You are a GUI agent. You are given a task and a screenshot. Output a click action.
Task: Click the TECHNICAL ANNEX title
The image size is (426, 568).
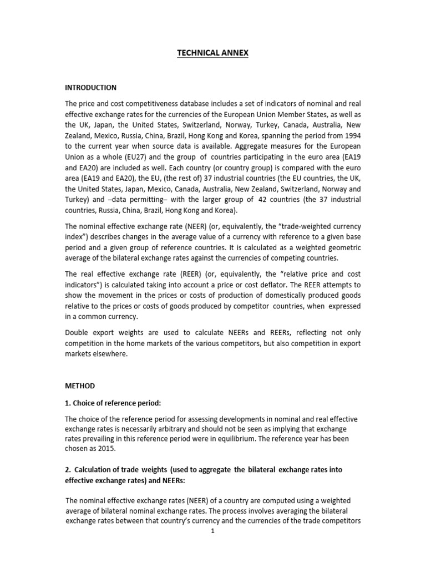pos(213,53)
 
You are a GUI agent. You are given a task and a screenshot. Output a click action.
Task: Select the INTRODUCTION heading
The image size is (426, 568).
pos(91,88)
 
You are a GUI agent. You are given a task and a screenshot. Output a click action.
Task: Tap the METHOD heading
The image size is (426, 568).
pos(80,386)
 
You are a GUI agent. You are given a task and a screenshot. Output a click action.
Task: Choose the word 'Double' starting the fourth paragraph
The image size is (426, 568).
pos(77,332)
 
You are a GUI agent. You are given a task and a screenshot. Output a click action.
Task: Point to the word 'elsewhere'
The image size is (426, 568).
pos(111,354)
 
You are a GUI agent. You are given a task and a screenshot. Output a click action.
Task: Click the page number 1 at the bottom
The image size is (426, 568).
pos(212,531)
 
